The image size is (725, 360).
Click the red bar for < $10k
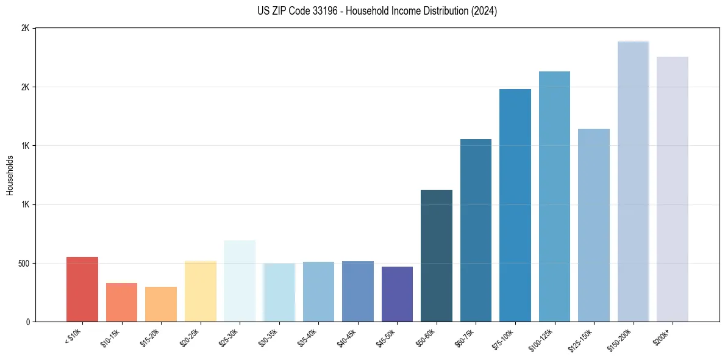82,289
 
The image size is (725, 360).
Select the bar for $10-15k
121,303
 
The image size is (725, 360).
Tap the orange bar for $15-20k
161,304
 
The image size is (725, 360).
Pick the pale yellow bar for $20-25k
201,291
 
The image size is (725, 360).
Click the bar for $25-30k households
240,281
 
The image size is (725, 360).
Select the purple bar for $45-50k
397,294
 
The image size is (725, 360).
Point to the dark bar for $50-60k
437,256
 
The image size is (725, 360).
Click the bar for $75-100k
515,206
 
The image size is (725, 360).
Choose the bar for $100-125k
554,196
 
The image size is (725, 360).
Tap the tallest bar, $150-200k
633,181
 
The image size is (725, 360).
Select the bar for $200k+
672,189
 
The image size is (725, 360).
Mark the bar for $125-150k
594,225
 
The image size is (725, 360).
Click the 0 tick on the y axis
27,322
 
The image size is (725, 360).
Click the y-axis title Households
10,175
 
